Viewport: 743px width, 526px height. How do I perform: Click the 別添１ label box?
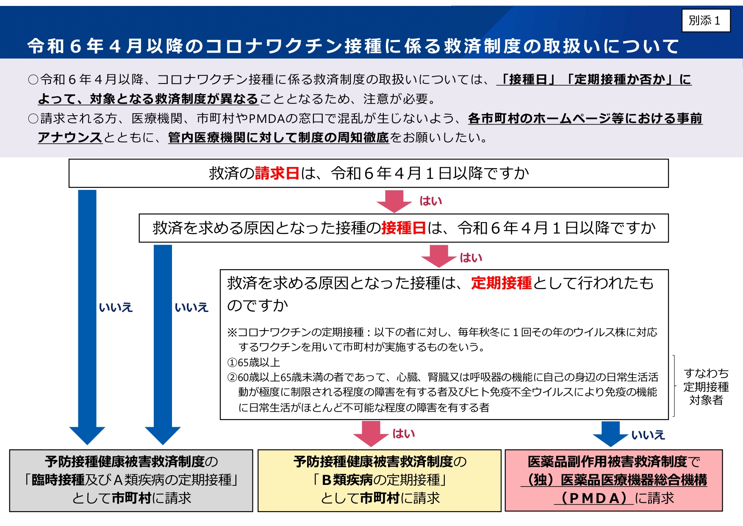(706, 20)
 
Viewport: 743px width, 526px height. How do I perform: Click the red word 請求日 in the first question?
(277, 173)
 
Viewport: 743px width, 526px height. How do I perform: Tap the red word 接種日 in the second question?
(403, 228)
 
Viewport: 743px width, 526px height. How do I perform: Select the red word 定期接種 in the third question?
(502, 283)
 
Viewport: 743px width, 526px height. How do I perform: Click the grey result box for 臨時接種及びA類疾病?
(131, 481)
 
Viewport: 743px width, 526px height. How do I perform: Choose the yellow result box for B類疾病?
(380, 481)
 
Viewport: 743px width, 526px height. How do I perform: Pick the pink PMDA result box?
(614, 481)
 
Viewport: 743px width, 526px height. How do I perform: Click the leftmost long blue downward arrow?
(87, 317)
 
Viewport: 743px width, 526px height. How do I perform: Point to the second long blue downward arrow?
(163, 345)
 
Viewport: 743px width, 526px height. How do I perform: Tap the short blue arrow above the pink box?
(610, 434)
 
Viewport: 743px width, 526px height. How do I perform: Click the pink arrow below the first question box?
(394, 201)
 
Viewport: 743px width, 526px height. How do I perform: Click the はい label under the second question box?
(471, 258)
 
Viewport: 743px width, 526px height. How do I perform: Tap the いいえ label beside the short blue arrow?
(648, 435)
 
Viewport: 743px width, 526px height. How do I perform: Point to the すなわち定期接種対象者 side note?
(706, 387)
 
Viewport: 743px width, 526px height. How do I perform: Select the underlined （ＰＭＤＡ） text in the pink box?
(594, 498)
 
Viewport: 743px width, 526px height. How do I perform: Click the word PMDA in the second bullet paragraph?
(266, 118)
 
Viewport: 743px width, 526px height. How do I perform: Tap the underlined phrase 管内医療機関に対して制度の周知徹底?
(278, 137)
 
